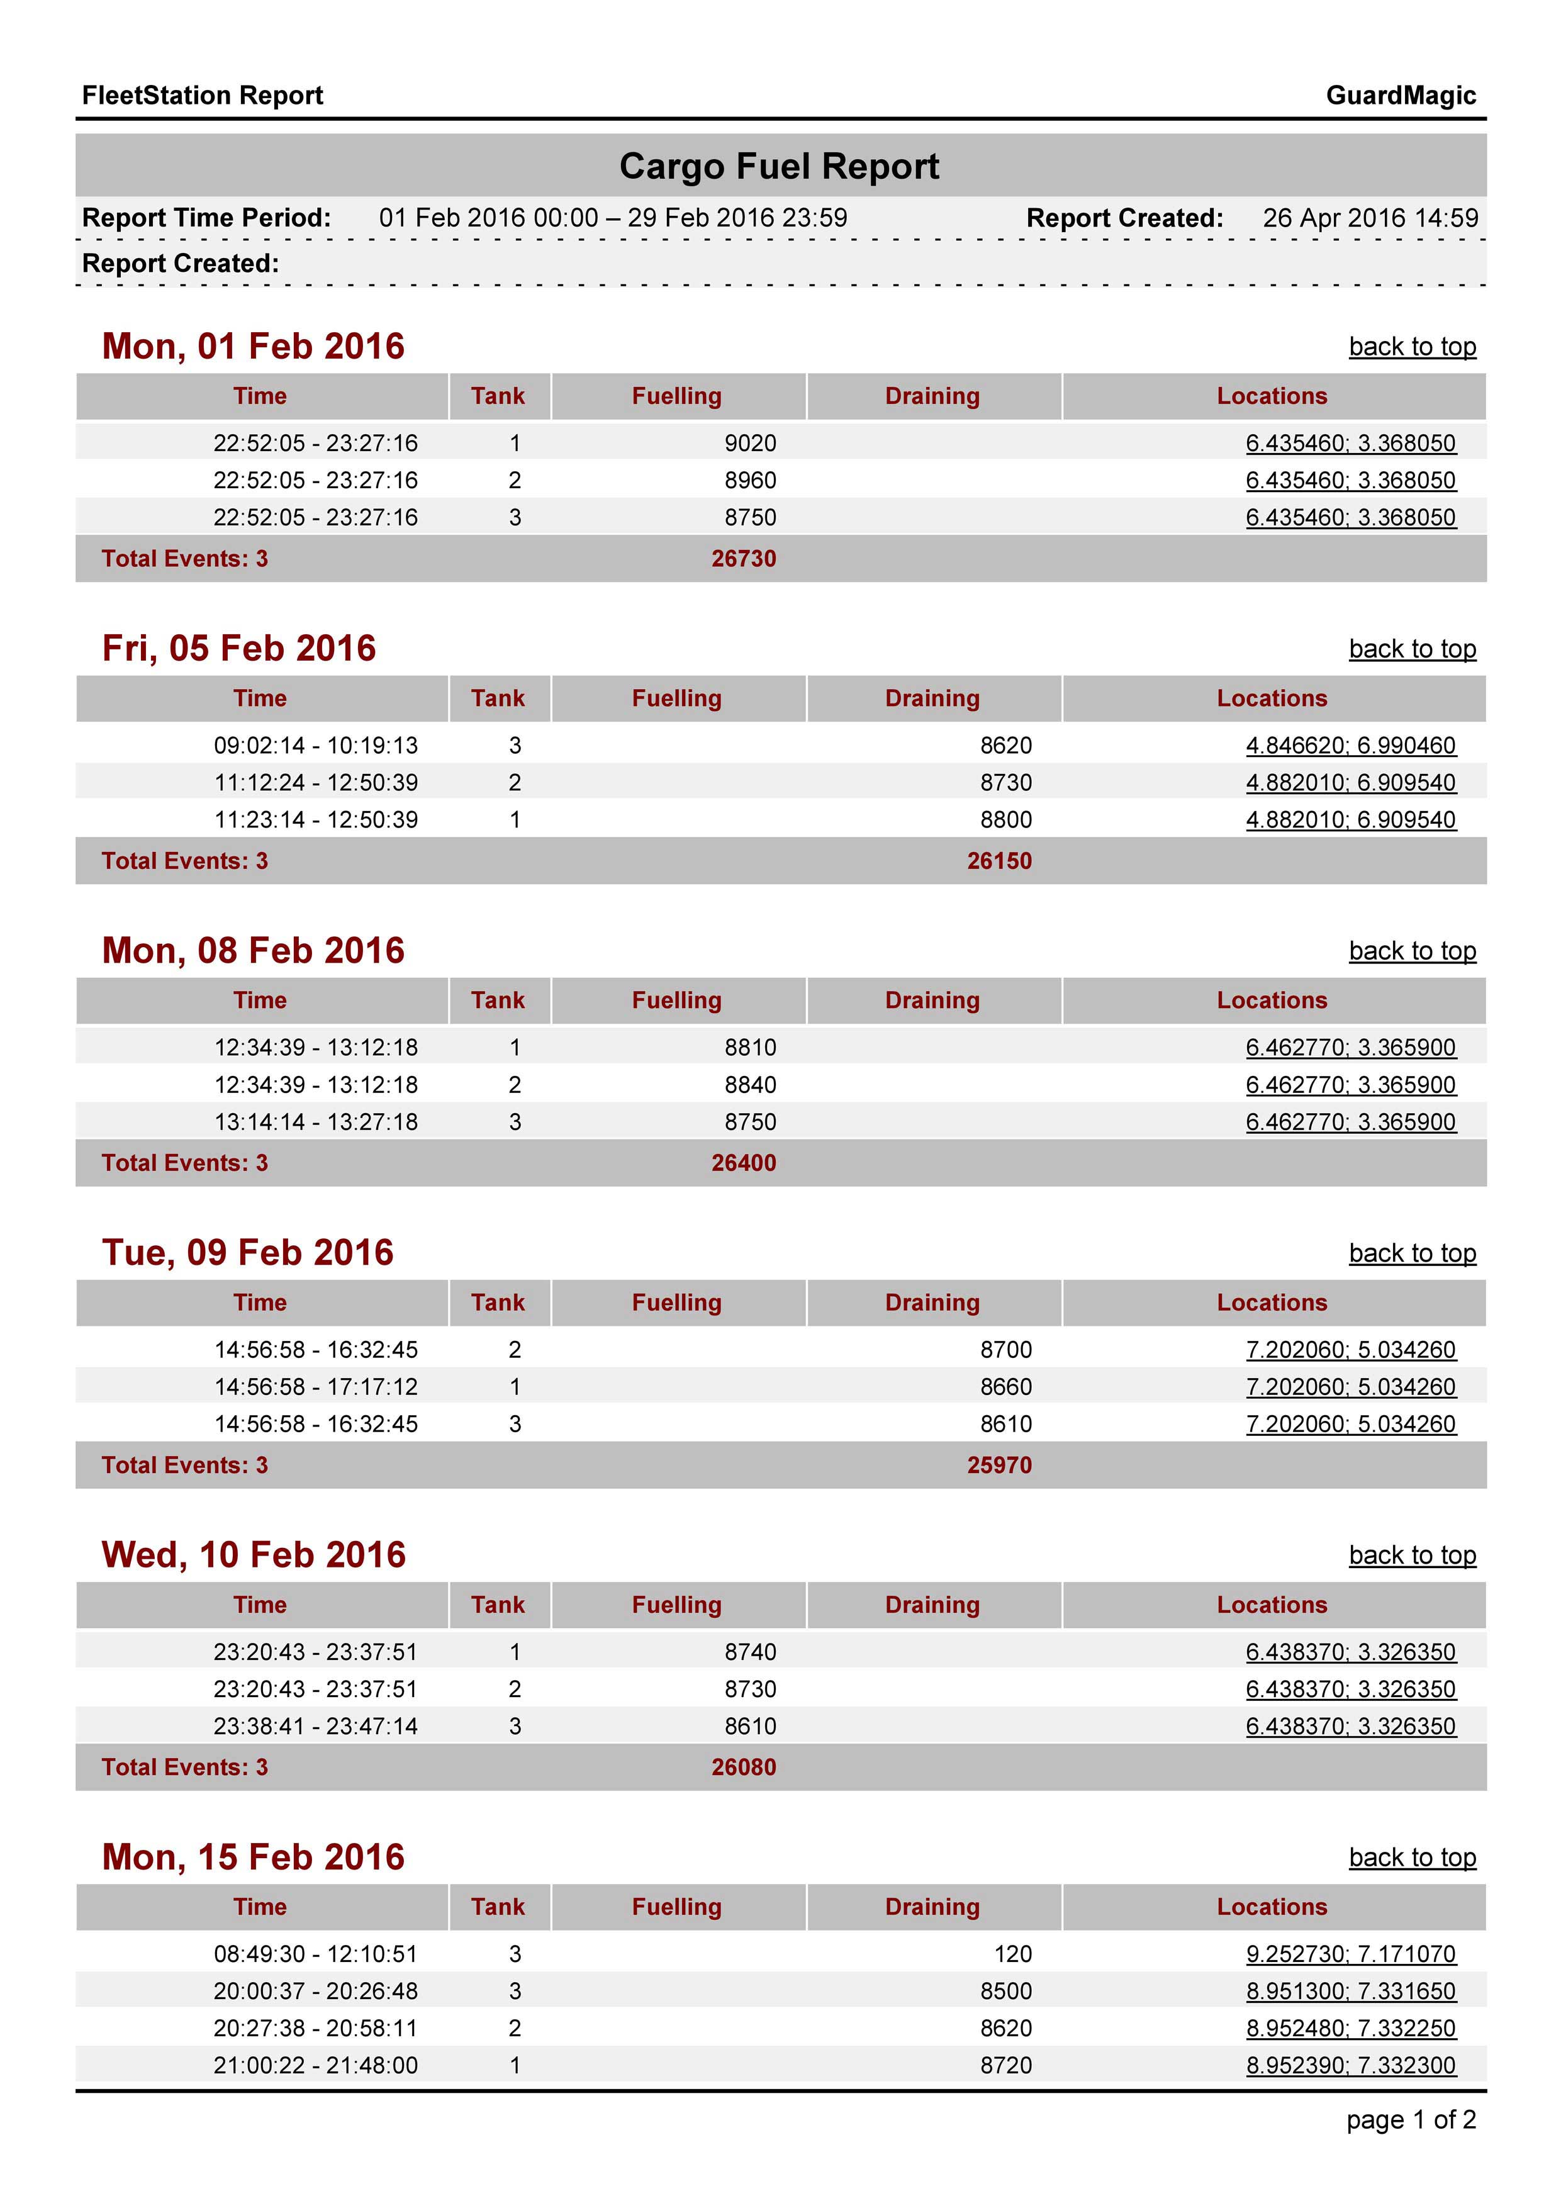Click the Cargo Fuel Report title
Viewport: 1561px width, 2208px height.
[x=779, y=166]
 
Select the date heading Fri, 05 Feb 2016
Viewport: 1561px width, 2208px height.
[x=238, y=648]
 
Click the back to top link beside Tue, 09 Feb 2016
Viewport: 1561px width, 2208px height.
[x=1411, y=1253]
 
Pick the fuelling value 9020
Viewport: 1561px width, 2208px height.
[x=749, y=444]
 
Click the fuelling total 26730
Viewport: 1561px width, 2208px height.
[x=744, y=559]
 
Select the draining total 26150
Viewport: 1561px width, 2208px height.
[x=999, y=861]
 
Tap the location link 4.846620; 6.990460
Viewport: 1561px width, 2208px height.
[x=1350, y=745]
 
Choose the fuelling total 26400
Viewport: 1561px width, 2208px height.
[x=744, y=1163]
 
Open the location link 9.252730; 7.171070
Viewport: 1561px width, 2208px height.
[x=1350, y=1954]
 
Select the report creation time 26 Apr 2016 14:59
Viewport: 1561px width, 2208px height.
[x=1370, y=218]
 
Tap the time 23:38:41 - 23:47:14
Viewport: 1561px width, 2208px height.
[x=315, y=1726]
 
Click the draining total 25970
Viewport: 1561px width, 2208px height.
[x=999, y=1465]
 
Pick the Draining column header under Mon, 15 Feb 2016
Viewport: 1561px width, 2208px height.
[x=932, y=1907]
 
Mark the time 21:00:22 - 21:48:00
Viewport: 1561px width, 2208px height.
[x=315, y=2065]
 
